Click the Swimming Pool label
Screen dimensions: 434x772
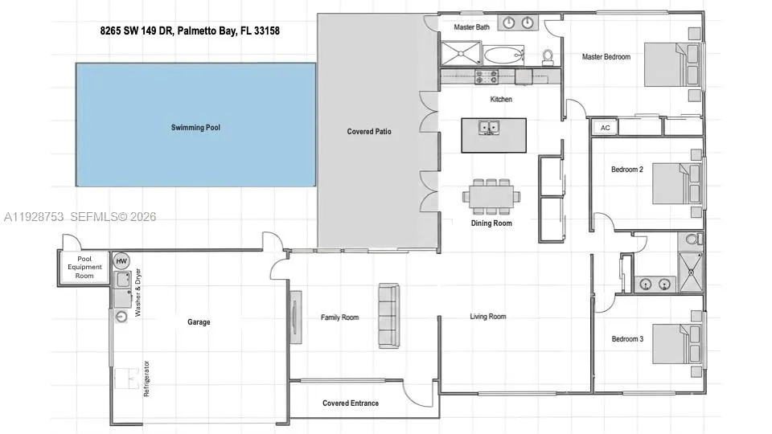pyautogui.click(x=195, y=127)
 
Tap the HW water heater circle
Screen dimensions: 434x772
pyautogui.click(x=121, y=261)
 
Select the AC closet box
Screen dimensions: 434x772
pyautogui.click(x=605, y=128)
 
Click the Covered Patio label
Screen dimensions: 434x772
pyautogui.click(x=369, y=131)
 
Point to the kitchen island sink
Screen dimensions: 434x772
pyautogui.click(x=487, y=128)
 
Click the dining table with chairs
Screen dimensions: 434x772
pyautogui.click(x=491, y=194)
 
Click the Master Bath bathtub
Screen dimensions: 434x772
pyautogui.click(x=503, y=56)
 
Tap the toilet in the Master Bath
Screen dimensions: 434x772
pyautogui.click(x=548, y=56)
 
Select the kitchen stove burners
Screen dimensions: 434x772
pyautogui.click(x=487, y=77)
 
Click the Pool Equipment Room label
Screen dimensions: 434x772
pyautogui.click(x=84, y=268)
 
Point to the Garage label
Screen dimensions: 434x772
pyautogui.click(x=199, y=322)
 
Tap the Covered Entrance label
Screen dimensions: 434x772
pyautogui.click(x=350, y=403)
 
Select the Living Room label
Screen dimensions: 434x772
pyautogui.click(x=487, y=317)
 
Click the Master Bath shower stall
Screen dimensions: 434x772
pyautogui.click(x=460, y=55)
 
